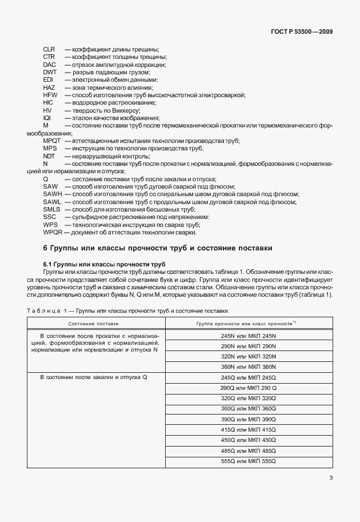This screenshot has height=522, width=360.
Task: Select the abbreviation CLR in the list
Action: (49, 50)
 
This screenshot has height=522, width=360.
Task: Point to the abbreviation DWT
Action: (50, 72)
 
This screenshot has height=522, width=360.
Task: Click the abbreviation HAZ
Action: (49, 87)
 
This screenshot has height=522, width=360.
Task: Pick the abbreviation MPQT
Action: (52, 141)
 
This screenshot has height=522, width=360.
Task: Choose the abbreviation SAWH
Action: (52, 194)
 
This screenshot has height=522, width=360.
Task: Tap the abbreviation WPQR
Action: (53, 232)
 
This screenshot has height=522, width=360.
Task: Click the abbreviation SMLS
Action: (51, 210)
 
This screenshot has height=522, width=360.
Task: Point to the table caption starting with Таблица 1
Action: (127, 310)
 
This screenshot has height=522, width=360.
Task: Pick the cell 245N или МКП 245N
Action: (248, 336)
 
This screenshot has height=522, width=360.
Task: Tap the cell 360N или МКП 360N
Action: (248, 367)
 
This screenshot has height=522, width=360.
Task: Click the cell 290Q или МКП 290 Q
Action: (248, 388)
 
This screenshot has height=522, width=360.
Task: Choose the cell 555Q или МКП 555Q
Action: (248, 460)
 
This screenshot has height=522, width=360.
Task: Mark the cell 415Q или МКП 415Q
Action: (248, 429)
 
